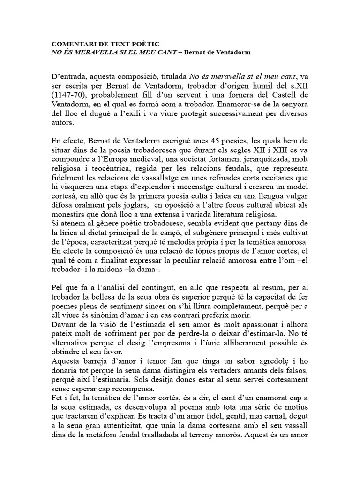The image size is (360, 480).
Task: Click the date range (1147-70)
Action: pyautogui.click(x=69, y=93)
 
